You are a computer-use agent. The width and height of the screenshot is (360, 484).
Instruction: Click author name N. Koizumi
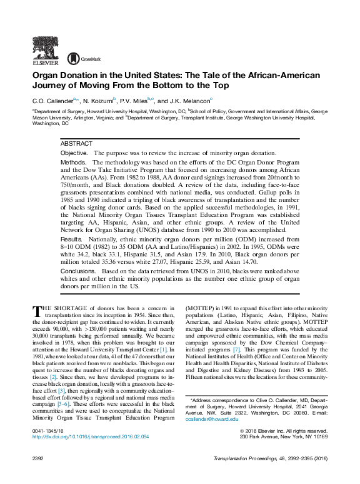coord(99,100)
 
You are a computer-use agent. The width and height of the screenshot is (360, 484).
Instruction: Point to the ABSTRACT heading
coord(76,144)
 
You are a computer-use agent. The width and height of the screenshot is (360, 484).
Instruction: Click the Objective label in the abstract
coord(74,153)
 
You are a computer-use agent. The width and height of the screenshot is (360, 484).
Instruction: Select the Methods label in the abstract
coord(72,162)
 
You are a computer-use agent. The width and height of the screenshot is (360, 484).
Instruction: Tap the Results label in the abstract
coord(71,239)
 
